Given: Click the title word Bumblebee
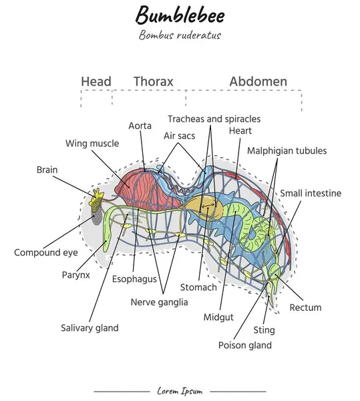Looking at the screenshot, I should pyautogui.click(x=180, y=15).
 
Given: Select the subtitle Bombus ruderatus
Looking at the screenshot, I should pyautogui.click(x=180, y=35).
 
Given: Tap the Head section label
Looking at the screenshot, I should pyautogui.click(x=96, y=82).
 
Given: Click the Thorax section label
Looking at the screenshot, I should pyautogui.click(x=153, y=82).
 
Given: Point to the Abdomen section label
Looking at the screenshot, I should pyautogui.click(x=258, y=82).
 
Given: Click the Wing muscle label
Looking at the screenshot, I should pyautogui.click(x=92, y=143).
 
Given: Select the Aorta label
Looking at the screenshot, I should pyautogui.click(x=140, y=126).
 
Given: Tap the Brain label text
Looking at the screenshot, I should pyautogui.click(x=47, y=170).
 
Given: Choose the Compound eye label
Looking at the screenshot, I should pyautogui.click(x=45, y=253).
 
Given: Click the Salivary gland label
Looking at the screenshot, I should pyautogui.click(x=89, y=328).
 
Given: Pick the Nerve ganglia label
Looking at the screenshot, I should pyautogui.click(x=159, y=301).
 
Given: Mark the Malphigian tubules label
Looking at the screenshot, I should pyautogui.click(x=287, y=151).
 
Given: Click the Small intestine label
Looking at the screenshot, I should pyautogui.click(x=310, y=193).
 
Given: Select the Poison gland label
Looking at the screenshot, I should pyautogui.click(x=244, y=346).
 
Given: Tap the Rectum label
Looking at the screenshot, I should pyautogui.click(x=305, y=307).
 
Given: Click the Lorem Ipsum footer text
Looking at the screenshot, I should pyautogui.click(x=180, y=391).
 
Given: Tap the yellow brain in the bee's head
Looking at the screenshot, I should pyautogui.click(x=98, y=196).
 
